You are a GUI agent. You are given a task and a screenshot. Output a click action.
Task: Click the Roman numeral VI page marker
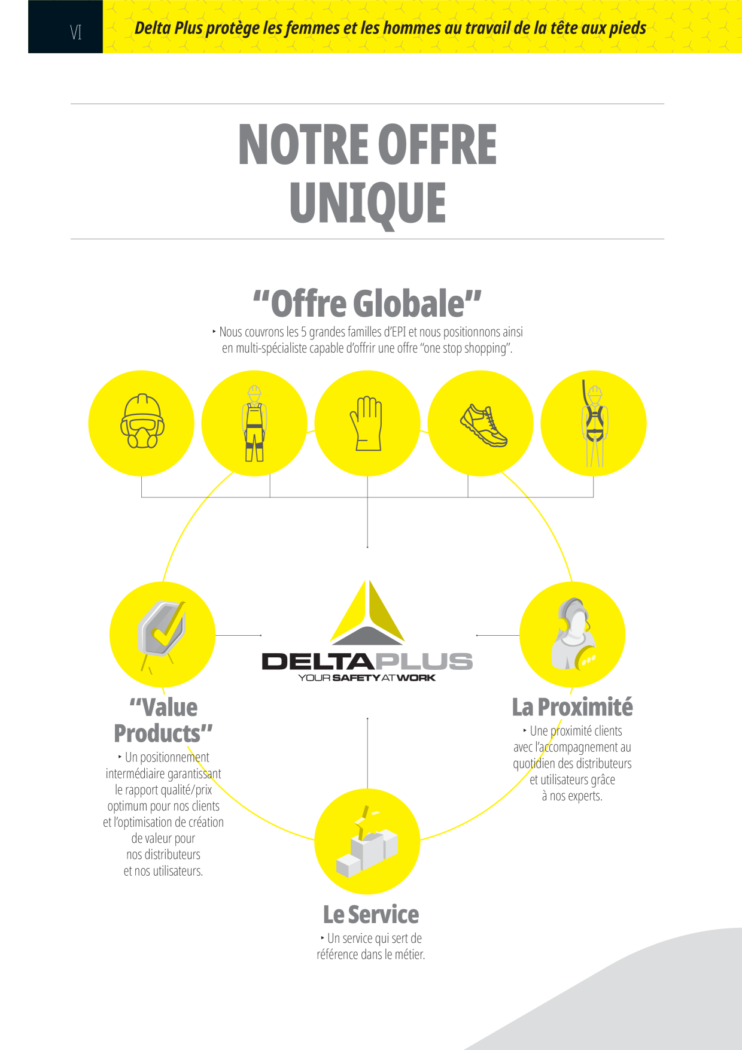point(75,32)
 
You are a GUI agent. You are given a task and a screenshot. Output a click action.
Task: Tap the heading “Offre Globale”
point(367,304)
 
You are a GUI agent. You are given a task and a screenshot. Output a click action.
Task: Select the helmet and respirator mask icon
point(142,421)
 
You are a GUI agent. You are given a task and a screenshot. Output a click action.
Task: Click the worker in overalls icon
point(254,423)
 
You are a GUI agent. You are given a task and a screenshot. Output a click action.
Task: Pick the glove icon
point(367,423)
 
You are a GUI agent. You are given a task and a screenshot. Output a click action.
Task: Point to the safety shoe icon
point(483,426)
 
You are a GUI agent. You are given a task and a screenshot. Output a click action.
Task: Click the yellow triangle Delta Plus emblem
point(367,612)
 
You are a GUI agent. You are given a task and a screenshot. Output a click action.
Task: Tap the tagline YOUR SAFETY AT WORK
point(367,678)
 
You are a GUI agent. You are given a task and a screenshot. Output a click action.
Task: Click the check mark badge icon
point(162,630)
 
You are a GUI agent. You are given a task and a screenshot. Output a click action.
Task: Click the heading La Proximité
point(572,707)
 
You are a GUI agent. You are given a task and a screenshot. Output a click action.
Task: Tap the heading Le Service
point(371,915)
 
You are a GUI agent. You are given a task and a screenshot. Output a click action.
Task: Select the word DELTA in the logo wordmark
point(318,661)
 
